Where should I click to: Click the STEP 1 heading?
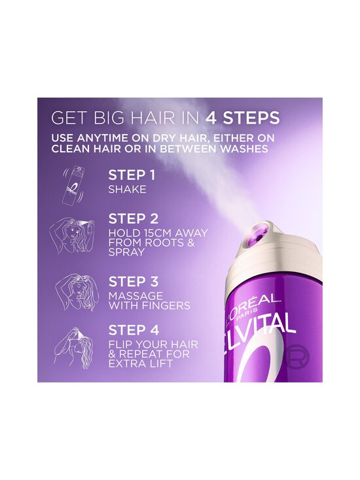(132, 176)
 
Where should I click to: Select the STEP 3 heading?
(134, 281)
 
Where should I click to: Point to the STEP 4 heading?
(134, 331)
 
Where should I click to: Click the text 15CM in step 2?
(149, 233)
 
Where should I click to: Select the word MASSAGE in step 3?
(131, 295)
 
